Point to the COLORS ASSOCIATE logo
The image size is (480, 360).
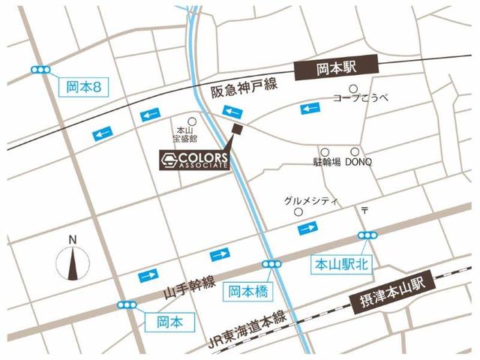click(x=194, y=159)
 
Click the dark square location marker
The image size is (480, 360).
click(x=237, y=130)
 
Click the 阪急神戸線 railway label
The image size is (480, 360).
click(x=244, y=89)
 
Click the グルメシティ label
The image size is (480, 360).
click(x=312, y=202)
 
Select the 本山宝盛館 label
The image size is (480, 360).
click(x=184, y=134)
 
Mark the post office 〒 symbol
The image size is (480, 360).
click(x=365, y=209)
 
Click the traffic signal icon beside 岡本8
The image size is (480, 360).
click(x=40, y=70)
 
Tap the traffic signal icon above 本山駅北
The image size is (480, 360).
click(x=367, y=235)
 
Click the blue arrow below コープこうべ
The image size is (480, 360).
click(x=311, y=109)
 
